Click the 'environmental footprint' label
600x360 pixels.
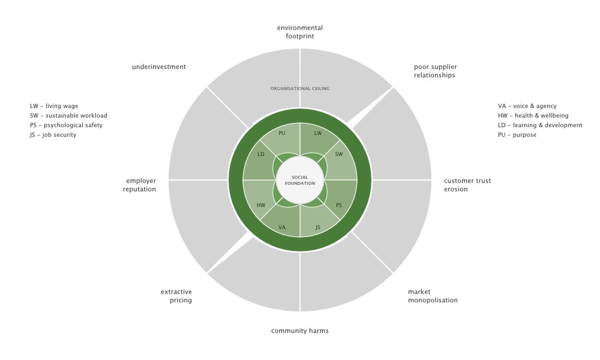(x=300, y=32)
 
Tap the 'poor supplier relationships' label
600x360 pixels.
(x=435, y=71)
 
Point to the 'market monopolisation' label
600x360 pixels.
(x=433, y=296)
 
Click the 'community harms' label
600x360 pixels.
(x=300, y=331)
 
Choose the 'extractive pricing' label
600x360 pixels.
(x=176, y=296)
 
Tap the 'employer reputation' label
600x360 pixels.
(x=141, y=185)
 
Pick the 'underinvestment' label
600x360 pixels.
(x=159, y=67)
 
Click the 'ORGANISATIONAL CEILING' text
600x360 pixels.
(x=300, y=88)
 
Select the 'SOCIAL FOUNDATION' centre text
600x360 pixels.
(x=300, y=180)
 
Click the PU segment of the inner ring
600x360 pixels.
(x=282, y=133)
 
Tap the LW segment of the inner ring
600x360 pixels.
(x=318, y=133)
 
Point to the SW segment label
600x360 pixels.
(x=339, y=154)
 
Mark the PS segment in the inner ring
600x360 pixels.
(x=339, y=205)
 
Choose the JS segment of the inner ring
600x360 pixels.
(x=318, y=227)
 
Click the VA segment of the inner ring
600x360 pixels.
(x=282, y=227)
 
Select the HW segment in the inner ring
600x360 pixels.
(x=261, y=205)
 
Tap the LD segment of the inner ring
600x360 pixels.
(x=261, y=154)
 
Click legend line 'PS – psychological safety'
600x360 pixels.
(x=66, y=125)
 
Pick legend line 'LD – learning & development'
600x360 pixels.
(x=540, y=125)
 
